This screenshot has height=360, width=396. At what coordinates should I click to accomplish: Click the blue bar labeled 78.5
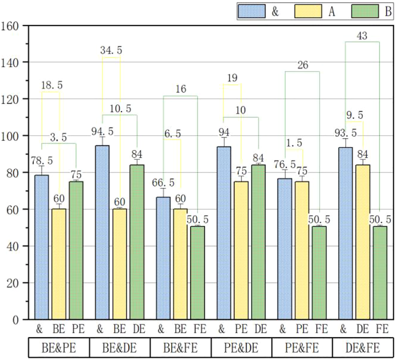tap(41, 247)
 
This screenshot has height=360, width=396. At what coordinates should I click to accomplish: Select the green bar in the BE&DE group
tap(137, 242)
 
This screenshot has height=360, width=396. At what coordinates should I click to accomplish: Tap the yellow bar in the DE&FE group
tap(363, 242)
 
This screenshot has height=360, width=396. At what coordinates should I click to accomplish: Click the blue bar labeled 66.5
tap(163, 258)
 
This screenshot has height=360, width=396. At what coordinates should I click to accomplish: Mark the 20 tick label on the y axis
tap(13, 283)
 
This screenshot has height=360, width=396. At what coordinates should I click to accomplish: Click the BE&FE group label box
tap(180, 348)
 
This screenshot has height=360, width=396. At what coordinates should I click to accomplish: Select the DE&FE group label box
tap(363, 348)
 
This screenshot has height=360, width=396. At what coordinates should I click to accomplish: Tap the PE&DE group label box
tap(241, 348)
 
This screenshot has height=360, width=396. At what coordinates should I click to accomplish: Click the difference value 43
tap(362, 36)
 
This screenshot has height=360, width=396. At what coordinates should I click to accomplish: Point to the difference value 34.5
tap(111, 51)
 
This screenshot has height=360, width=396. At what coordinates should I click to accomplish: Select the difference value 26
tap(302, 65)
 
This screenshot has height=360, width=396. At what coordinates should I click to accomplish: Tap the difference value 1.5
tap(294, 143)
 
